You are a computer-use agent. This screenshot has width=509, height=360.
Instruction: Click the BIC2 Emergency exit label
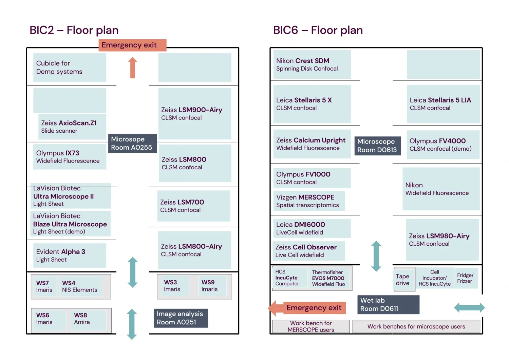pos(132,45)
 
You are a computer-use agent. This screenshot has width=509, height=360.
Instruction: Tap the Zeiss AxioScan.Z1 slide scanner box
pos(72,127)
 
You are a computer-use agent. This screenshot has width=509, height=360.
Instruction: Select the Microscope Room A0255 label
pos(132,143)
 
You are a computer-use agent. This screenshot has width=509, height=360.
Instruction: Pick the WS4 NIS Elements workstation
pos(80,286)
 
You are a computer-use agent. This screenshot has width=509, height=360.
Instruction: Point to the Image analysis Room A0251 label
pos(180,318)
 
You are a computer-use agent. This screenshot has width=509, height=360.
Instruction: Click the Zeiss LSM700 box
pos(193,206)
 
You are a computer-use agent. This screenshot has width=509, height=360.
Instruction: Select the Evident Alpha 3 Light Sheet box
pos(70,255)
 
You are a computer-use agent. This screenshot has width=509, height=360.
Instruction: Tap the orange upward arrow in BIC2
pos(133,68)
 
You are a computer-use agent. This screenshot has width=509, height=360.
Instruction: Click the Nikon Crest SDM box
pos(312,64)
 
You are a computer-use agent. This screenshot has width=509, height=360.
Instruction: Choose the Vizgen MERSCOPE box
pos(309,201)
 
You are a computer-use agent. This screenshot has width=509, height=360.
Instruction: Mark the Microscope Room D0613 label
pos(377,146)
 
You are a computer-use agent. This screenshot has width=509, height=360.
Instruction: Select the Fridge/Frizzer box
pos(465,278)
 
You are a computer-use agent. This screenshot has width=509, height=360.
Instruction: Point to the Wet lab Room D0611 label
pos(388,304)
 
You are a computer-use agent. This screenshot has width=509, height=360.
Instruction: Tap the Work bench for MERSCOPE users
pos(311,326)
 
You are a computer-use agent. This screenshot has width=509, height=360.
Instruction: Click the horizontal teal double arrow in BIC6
pos(469,308)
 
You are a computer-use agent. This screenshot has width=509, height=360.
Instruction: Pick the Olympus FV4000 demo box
pos(442,145)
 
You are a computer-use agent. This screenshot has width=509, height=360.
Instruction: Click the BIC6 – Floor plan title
pos(318,30)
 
